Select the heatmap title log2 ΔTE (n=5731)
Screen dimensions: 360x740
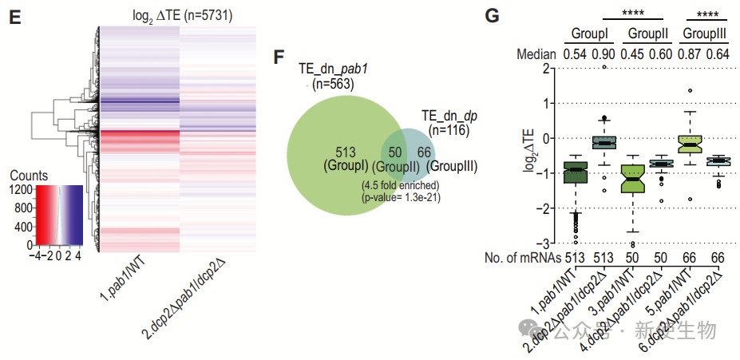181,15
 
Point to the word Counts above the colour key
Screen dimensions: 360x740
32,176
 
